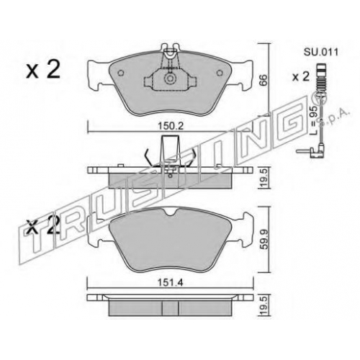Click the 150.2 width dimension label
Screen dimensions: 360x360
(x=171, y=126)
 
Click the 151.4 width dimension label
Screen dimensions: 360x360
(x=171, y=283)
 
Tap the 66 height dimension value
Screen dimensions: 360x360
(x=264, y=80)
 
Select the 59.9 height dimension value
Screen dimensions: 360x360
(x=264, y=240)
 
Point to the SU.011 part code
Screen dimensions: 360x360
(x=321, y=52)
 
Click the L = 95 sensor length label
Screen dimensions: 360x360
(x=313, y=122)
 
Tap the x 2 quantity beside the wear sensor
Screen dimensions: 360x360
(x=300, y=77)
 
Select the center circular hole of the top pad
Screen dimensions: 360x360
(x=170, y=78)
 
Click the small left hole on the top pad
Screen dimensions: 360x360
(x=121, y=73)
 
